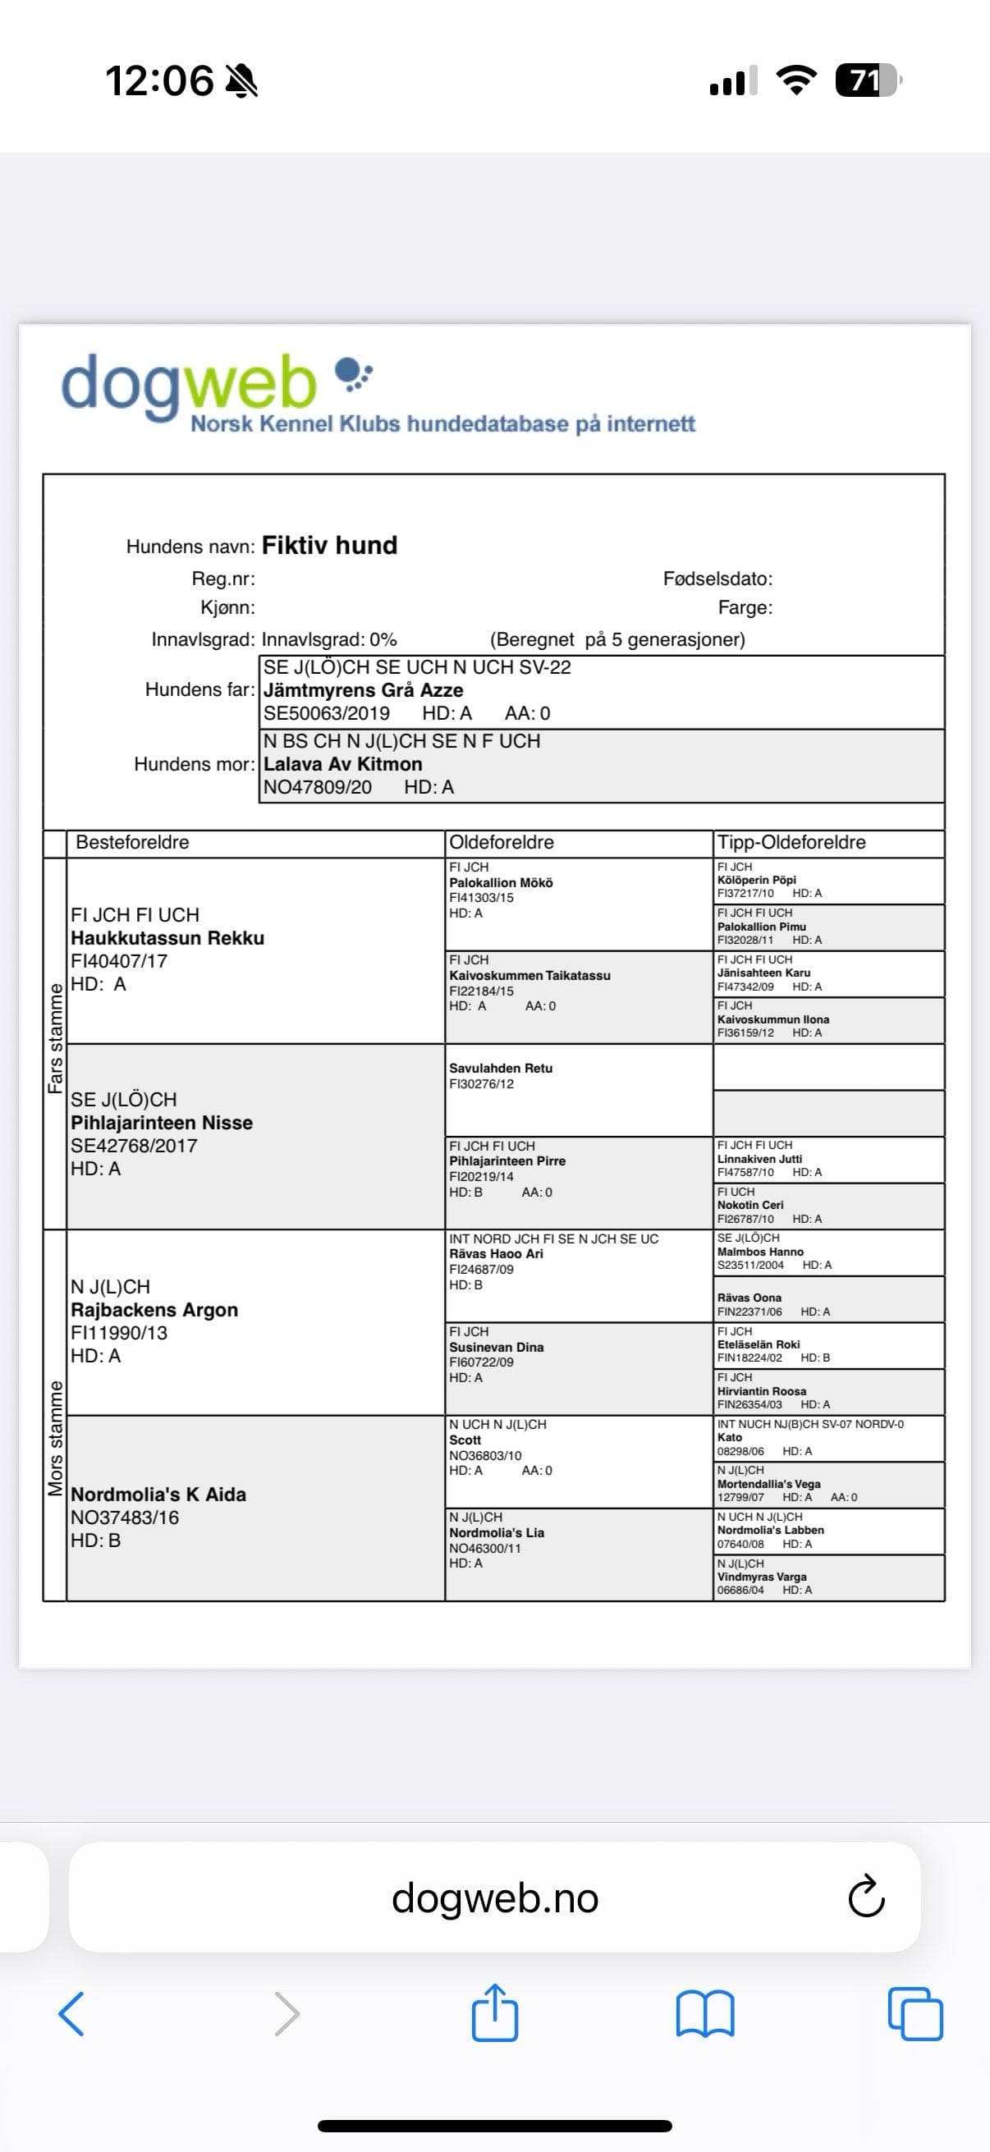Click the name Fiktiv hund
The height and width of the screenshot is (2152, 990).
pos(329,546)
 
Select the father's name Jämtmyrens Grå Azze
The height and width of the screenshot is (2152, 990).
pos(364,690)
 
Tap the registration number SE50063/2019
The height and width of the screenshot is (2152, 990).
pos(327,713)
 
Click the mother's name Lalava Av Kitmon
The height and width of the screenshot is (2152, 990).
pos(342,763)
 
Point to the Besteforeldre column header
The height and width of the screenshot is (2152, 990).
pos(132,842)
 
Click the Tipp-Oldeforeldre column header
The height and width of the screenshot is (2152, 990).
pos(791,842)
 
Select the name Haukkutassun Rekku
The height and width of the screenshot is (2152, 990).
pos(167,938)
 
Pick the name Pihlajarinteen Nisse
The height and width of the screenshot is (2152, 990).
pos(161,1123)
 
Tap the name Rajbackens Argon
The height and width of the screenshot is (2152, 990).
pos(154,1310)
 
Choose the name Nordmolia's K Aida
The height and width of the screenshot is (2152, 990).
pos(158,1495)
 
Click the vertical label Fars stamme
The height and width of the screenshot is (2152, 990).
pos(55,1038)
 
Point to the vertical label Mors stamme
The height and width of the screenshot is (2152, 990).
pos(55,1438)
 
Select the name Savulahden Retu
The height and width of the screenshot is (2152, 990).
pos(501,1069)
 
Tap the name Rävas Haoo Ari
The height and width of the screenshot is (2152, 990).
pos(496,1254)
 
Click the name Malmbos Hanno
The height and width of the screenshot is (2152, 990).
pos(759,1252)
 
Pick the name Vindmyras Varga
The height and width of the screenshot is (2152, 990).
pos(761,1577)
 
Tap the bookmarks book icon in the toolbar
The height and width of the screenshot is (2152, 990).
pos(705,2013)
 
